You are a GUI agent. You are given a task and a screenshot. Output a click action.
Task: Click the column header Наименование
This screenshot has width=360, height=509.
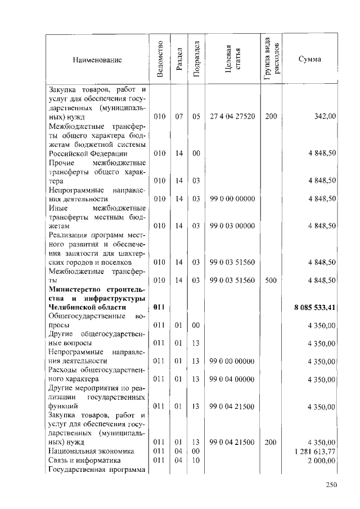click(x=97, y=59)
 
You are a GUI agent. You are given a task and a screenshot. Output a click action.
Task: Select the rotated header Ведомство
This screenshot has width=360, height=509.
click(x=160, y=59)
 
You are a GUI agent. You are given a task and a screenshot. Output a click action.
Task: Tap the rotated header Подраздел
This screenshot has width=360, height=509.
click(x=196, y=59)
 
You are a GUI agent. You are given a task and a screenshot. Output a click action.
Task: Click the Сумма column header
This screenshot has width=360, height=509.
click(x=310, y=59)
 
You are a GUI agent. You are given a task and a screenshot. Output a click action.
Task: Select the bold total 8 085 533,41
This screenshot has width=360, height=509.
click(x=315, y=308)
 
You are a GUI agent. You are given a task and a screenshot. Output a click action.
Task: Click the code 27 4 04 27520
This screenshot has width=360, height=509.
click(x=232, y=116)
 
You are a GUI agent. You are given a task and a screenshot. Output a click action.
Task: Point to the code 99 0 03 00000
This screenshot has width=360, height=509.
click(x=232, y=226)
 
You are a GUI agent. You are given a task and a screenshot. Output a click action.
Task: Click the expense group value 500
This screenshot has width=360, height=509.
click(x=271, y=280)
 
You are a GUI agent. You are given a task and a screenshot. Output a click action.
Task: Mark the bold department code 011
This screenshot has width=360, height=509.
click(x=159, y=308)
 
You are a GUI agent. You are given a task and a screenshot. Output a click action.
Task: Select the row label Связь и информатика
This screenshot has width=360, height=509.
click(x=85, y=460)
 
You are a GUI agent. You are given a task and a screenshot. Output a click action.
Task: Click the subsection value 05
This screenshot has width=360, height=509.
click(x=196, y=116)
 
